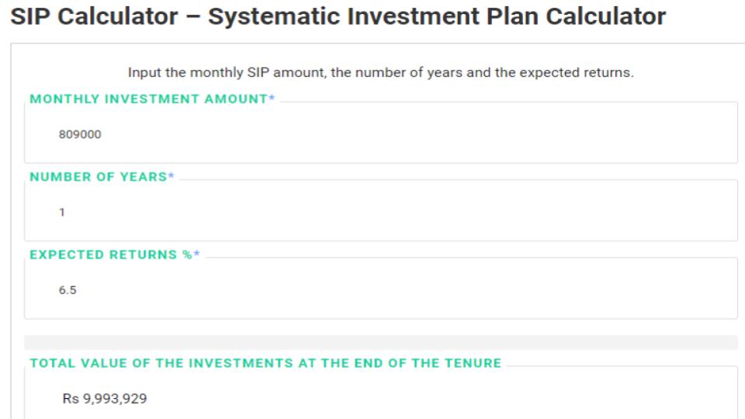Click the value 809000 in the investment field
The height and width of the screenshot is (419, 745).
pos(80,134)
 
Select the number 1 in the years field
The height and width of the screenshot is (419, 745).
pos(62,212)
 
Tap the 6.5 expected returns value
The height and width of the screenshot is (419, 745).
pos(68,290)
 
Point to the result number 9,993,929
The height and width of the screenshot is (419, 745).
pos(115,399)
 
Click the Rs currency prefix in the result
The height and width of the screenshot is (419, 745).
pos(71,399)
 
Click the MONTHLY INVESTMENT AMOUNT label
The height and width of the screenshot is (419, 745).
pos(148,99)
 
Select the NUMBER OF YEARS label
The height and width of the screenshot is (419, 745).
pos(98,177)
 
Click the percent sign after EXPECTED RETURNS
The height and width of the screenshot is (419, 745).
pos(187,255)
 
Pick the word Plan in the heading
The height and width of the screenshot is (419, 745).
pos(508,16)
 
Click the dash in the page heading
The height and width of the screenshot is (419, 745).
pos(192,17)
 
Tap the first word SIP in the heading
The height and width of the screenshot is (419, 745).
pos(30,16)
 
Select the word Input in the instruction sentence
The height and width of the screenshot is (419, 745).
pos(145,73)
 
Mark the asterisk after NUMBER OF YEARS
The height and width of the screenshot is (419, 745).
pos(172,177)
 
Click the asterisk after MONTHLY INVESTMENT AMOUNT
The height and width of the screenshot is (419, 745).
pos(272,99)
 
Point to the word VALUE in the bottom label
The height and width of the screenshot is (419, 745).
pos(97,363)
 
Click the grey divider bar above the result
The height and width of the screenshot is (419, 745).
pos(380,342)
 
